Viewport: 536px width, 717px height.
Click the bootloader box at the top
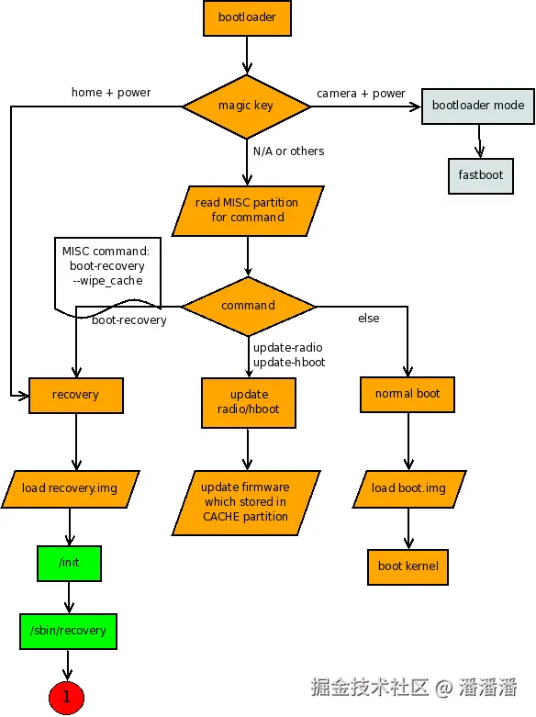(247, 17)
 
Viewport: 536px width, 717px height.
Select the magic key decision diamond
(247, 106)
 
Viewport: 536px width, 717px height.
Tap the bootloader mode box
(478, 106)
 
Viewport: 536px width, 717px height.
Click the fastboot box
(481, 176)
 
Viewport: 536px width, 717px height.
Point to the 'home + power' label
(111, 93)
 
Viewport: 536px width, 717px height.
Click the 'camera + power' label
(361, 94)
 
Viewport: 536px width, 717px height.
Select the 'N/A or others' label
(288, 151)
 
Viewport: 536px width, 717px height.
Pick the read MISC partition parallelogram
(248, 211)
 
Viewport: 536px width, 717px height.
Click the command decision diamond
(249, 306)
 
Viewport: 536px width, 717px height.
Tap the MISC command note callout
(107, 274)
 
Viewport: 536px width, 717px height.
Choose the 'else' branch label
(369, 319)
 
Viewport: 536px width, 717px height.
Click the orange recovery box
(76, 396)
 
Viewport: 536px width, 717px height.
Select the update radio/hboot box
(249, 403)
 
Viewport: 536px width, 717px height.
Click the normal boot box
(408, 395)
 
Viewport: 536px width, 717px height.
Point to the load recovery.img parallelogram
(71, 488)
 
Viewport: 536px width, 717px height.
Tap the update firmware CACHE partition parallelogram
(246, 502)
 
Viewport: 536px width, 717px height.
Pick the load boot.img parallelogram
(409, 488)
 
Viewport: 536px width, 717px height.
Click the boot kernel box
(408, 567)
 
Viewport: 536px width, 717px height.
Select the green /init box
(69, 564)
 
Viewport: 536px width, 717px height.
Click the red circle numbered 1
(66, 698)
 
